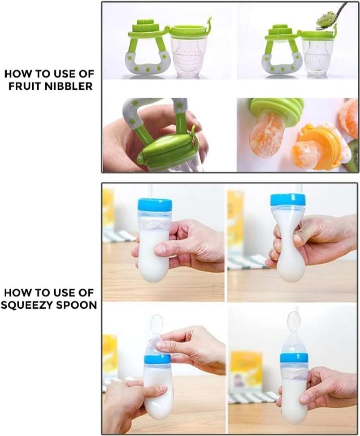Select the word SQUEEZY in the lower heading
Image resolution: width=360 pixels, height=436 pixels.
tap(27, 305)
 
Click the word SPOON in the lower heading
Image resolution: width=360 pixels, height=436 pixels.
tap(77, 305)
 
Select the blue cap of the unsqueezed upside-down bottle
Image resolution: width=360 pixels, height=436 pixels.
tap(155, 205)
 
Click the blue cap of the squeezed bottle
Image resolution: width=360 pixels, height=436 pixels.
tap(288, 200)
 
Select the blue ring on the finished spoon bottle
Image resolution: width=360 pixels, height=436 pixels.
tap(294, 358)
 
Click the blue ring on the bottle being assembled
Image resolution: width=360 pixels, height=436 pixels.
tap(157, 359)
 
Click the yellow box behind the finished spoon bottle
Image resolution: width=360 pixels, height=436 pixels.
tap(247, 370)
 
